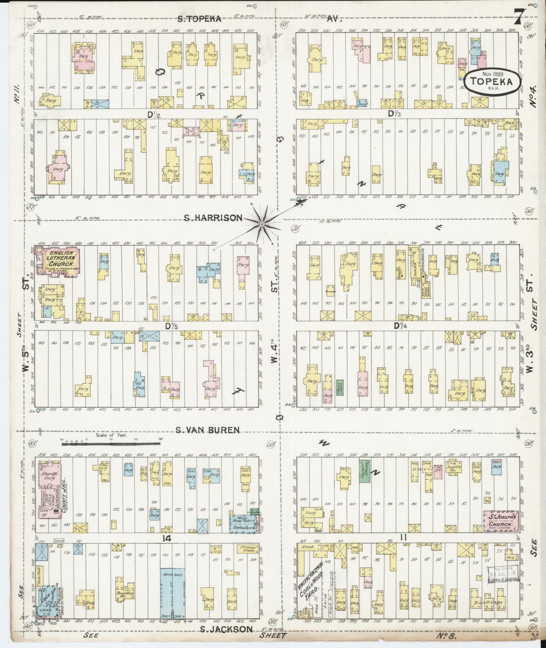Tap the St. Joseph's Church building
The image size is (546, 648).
[500, 521]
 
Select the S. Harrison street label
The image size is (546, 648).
[213, 218]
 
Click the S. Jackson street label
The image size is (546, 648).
[226, 629]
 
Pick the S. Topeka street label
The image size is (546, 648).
[200, 19]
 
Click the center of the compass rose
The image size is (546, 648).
[262, 224]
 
